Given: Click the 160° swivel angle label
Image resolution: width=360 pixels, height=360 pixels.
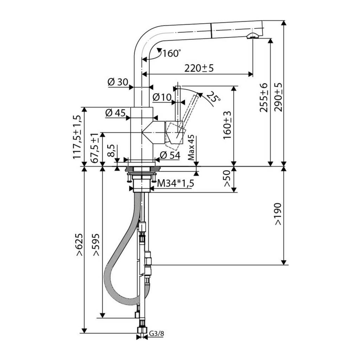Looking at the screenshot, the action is point(172,53).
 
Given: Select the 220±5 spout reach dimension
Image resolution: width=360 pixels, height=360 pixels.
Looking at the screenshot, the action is point(199,68).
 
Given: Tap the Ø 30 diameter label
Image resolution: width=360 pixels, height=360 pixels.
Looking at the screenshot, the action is point(117,82).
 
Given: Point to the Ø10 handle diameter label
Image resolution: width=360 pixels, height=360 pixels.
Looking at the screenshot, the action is point(162,98).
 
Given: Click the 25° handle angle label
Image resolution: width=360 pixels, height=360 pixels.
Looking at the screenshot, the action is point(213,97).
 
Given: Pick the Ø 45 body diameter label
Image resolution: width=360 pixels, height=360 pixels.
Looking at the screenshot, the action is point(115,112).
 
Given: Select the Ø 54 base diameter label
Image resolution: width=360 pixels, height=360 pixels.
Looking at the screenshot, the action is point(170,155).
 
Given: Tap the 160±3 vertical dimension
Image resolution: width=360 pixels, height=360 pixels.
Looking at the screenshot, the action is point(227,125).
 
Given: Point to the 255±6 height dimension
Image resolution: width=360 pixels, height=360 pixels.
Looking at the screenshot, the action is point(264,98).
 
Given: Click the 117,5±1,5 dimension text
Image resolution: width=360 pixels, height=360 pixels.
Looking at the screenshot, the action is point(77,137).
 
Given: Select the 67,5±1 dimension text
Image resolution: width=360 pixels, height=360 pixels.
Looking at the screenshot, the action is point(95,148).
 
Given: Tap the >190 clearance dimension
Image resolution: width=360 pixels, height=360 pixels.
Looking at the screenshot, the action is point(278,214).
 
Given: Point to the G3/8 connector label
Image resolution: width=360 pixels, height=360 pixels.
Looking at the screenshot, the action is point(157,333).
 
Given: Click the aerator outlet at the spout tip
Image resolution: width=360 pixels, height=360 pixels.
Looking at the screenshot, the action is point(252,36).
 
